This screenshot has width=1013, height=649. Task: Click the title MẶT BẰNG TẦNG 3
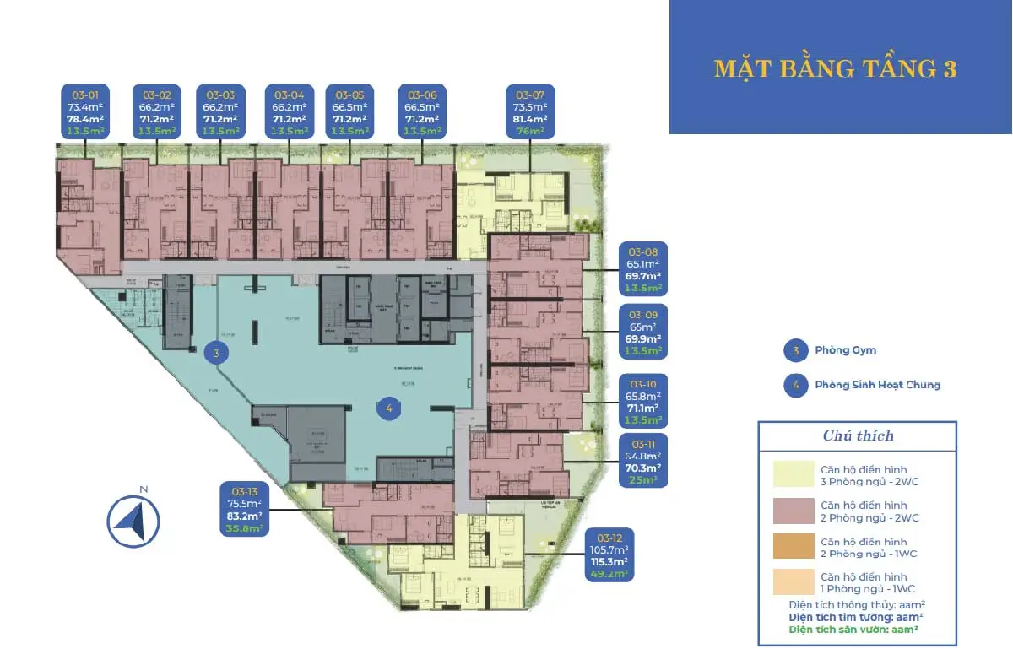click(x=835, y=68)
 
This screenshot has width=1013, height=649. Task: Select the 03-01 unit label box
click(x=86, y=111)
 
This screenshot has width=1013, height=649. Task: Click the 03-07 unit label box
click(x=529, y=111)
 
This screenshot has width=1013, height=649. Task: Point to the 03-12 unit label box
click(x=609, y=554)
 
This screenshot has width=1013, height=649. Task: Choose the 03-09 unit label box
click(x=643, y=331)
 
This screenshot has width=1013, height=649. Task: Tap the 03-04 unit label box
click(x=289, y=111)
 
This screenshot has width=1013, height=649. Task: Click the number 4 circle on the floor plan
click(x=388, y=408)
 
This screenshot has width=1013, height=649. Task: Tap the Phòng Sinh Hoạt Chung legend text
click(x=877, y=385)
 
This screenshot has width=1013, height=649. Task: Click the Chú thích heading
click(x=858, y=436)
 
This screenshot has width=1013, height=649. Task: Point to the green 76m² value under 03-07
click(x=529, y=131)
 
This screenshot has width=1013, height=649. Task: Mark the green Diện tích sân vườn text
click(x=853, y=630)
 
